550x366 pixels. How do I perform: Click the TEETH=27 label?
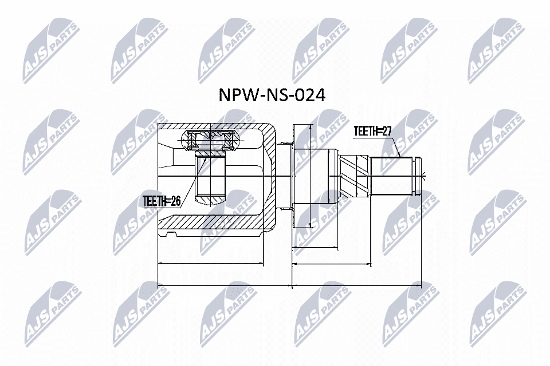(x=372, y=132)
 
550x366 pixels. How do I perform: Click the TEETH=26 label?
(x=162, y=201)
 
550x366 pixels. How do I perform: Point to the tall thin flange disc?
(x=293, y=175)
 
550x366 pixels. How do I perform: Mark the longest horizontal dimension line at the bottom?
(x=289, y=284)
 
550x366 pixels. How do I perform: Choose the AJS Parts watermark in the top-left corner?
(x=48, y=48)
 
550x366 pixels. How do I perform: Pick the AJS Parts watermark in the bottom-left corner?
(x=48, y=312)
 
